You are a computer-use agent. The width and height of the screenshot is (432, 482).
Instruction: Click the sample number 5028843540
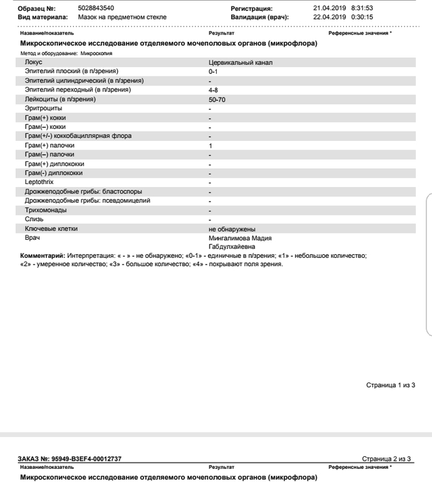click(x=96, y=8)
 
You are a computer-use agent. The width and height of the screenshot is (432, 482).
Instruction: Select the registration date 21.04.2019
click(x=329, y=8)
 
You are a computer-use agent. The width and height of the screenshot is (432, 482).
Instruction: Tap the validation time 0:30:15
click(x=362, y=17)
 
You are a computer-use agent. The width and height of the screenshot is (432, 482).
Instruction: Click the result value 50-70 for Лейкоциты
click(x=217, y=100)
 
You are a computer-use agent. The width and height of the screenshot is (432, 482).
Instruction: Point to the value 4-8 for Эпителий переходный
click(x=213, y=90)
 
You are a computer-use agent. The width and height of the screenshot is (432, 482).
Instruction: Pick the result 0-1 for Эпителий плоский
click(x=213, y=71)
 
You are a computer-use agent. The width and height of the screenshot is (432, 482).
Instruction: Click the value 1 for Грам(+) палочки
click(x=210, y=146)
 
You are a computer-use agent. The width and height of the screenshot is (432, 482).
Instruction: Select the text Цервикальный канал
click(x=240, y=63)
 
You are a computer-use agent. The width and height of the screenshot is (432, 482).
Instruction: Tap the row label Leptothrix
click(x=39, y=182)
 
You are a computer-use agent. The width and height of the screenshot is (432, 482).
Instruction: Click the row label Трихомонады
click(x=46, y=210)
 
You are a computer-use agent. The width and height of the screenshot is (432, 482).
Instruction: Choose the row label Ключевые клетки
click(x=51, y=229)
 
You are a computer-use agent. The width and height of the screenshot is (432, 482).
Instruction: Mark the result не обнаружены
click(x=232, y=229)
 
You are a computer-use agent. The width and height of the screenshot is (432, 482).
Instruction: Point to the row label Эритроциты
click(x=44, y=108)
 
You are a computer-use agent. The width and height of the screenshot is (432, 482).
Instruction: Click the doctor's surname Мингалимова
click(x=229, y=238)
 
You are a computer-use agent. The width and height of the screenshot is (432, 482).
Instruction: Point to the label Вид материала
click(x=43, y=17)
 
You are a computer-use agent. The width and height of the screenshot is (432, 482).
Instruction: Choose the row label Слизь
click(x=34, y=220)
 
